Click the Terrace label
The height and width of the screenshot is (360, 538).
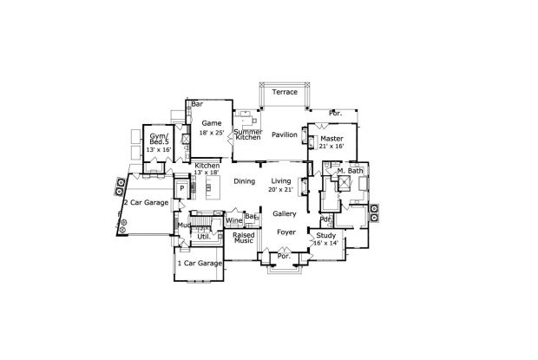285,92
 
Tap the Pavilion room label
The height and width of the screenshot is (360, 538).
284,135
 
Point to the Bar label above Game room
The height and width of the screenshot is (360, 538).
197,104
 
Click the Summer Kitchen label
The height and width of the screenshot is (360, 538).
247,134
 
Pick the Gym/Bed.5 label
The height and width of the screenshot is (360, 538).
159,141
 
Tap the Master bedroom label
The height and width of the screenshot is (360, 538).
331,138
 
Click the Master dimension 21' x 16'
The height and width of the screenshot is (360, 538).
331,147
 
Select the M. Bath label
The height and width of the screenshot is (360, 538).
349,171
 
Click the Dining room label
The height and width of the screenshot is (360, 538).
244,180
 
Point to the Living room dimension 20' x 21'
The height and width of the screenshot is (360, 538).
282,189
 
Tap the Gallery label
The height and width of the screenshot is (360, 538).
285,213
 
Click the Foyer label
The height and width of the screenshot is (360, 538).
286,232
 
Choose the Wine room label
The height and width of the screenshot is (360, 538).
233,221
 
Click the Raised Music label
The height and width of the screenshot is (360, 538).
243,237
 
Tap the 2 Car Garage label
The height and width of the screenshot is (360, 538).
145,202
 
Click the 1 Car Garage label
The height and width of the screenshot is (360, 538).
198,263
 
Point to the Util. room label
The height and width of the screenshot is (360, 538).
205,235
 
